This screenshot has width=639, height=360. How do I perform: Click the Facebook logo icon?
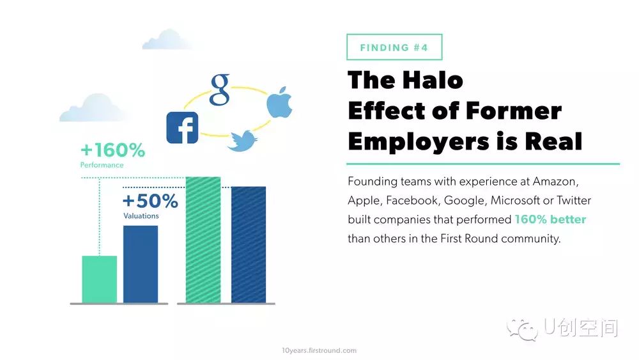pyautogui.click(x=182, y=128)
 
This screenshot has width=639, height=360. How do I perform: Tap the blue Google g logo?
pyautogui.click(x=220, y=90)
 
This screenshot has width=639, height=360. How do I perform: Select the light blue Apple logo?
pyautogui.click(x=280, y=102)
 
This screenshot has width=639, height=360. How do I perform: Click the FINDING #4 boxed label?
pyautogui.click(x=394, y=47)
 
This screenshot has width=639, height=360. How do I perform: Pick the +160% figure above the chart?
pyautogui.click(x=113, y=150)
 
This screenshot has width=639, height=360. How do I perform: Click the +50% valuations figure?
pyautogui.click(x=150, y=201)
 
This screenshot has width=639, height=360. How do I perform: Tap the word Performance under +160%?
pyautogui.click(x=102, y=165)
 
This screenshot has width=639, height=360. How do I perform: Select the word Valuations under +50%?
pyautogui.click(x=141, y=215)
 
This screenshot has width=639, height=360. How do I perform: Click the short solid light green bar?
pyautogui.click(x=100, y=279)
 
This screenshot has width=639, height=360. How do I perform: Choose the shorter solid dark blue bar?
pyautogui.click(x=141, y=264)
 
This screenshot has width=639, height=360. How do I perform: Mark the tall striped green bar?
pyautogui.click(x=203, y=240)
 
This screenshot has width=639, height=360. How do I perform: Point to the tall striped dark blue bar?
pyautogui.click(x=249, y=245)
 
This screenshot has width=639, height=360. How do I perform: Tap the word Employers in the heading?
pyautogui.click(x=419, y=142)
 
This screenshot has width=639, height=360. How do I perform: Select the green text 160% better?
pyautogui.click(x=550, y=219)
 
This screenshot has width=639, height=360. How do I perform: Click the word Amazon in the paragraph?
pyautogui.click(x=555, y=182)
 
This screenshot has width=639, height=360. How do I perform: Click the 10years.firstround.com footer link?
pyautogui.click(x=319, y=350)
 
